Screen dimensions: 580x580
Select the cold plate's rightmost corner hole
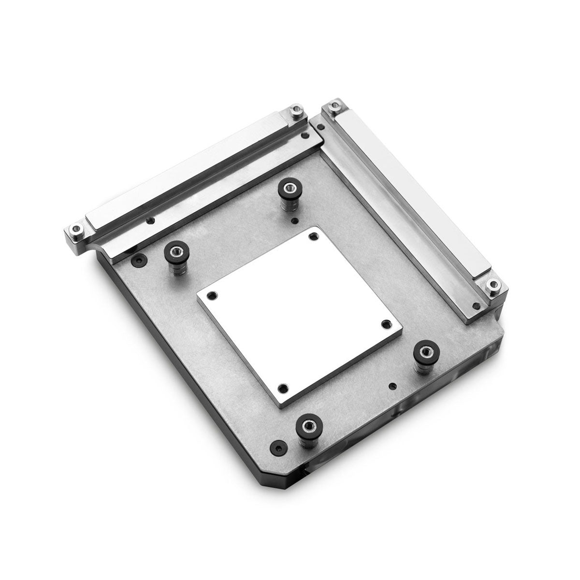point(386,323)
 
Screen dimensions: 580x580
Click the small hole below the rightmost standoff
point(392,386)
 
